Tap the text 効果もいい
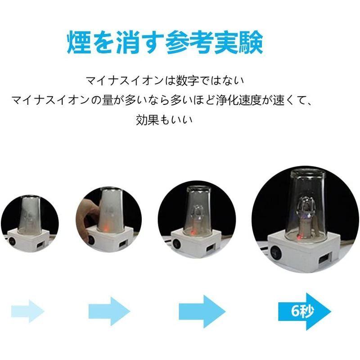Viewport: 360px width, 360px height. coord(165,121)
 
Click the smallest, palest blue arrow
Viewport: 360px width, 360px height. coord(27,310)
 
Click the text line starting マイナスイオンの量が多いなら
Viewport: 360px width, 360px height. coord(165,101)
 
